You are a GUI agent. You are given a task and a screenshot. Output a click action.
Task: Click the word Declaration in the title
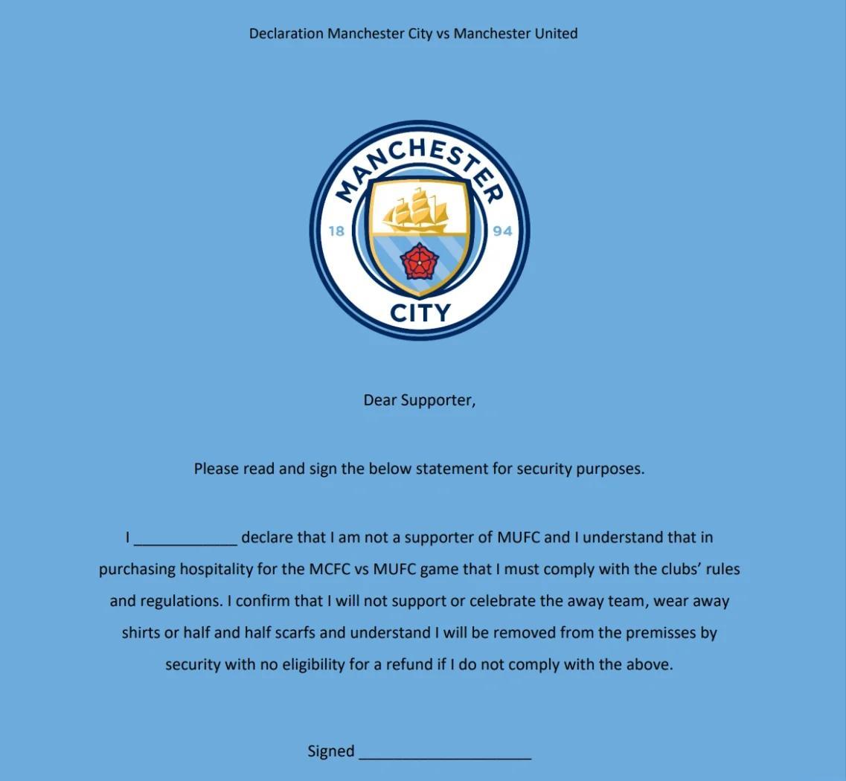pos(286,33)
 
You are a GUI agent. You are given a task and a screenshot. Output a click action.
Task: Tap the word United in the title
pos(555,33)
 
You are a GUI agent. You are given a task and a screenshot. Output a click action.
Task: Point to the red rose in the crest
pos(420,262)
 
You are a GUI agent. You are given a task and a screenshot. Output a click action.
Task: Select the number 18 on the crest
pos(336,231)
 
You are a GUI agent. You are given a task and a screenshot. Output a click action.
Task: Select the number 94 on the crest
pos(502,231)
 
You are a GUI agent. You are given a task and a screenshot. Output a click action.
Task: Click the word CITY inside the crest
pos(420,313)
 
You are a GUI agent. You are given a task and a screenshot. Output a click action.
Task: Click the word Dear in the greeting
pos(379,400)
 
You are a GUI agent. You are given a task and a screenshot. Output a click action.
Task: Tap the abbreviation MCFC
pos(329,570)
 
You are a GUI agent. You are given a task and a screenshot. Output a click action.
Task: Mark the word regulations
pos(181,602)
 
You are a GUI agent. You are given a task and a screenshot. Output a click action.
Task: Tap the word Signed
pos(331,751)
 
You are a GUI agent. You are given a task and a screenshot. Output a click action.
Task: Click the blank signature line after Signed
pos(445,754)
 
